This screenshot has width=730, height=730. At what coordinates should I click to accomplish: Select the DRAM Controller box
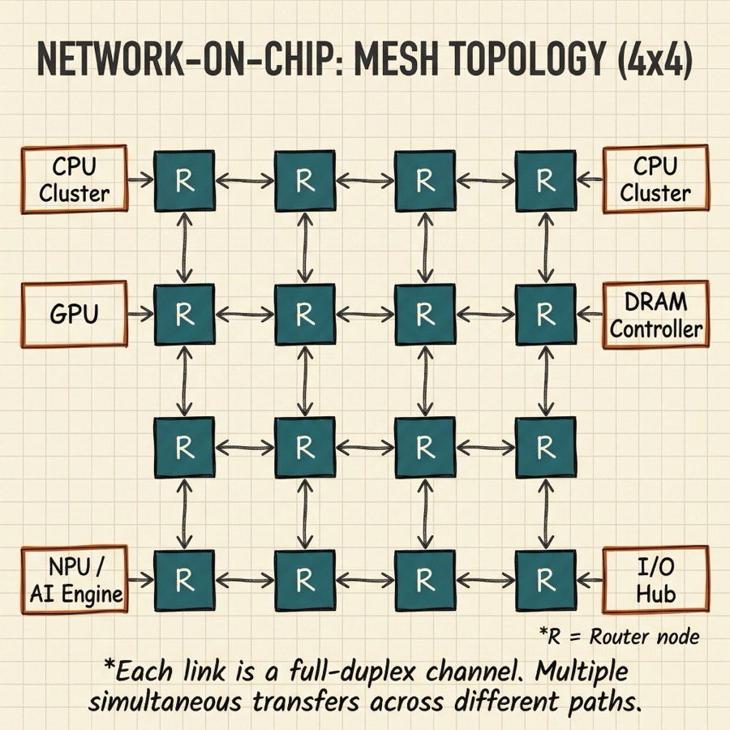(655, 315)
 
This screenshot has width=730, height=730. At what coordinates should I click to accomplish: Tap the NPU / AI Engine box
(74, 579)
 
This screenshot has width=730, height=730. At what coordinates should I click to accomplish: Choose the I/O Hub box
(655, 579)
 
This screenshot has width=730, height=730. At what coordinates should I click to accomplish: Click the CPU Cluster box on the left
(74, 179)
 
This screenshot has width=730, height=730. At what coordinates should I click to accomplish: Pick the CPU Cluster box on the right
(655, 179)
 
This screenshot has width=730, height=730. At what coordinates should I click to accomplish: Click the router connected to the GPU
(184, 313)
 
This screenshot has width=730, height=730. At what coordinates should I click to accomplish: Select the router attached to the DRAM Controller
(545, 313)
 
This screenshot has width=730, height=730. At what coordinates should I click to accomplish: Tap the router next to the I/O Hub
(545, 579)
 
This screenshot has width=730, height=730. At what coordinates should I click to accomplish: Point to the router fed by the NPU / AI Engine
(184, 579)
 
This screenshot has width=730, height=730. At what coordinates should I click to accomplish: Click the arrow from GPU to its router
(141, 313)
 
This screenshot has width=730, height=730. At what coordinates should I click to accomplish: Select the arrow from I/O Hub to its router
(589, 579)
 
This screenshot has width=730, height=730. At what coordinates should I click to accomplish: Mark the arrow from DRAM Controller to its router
(589, 313)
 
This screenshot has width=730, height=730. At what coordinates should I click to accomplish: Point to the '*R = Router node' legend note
(619, 637)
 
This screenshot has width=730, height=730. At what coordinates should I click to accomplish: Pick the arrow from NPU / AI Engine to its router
(141, 579)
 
